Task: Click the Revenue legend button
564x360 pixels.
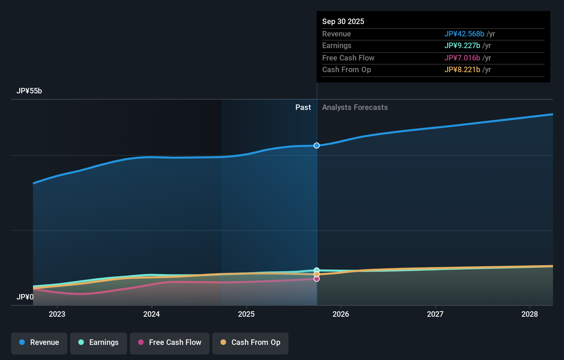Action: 39,343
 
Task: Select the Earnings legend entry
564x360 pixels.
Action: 99,343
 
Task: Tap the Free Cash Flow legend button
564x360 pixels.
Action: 170,343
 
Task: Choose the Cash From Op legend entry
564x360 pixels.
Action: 250,343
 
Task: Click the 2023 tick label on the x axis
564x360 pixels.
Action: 57,314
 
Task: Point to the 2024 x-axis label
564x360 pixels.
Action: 151,314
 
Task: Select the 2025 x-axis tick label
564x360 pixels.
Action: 246,314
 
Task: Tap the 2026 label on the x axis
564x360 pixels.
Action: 341,314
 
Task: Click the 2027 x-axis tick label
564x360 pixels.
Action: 435,314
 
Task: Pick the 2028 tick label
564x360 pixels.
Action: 530,314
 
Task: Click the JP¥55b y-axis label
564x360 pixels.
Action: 29,91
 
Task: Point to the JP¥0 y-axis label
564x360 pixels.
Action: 25,297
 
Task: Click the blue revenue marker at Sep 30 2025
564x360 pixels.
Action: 317,146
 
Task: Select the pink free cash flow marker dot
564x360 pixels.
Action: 317,279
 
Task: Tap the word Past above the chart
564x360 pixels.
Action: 303,108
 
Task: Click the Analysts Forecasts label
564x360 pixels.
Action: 355,108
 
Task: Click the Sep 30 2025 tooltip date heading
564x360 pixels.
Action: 343,22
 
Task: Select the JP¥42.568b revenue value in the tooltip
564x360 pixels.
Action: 464,34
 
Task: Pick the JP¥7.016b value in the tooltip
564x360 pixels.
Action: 462,58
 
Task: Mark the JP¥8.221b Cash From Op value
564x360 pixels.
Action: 462,70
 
